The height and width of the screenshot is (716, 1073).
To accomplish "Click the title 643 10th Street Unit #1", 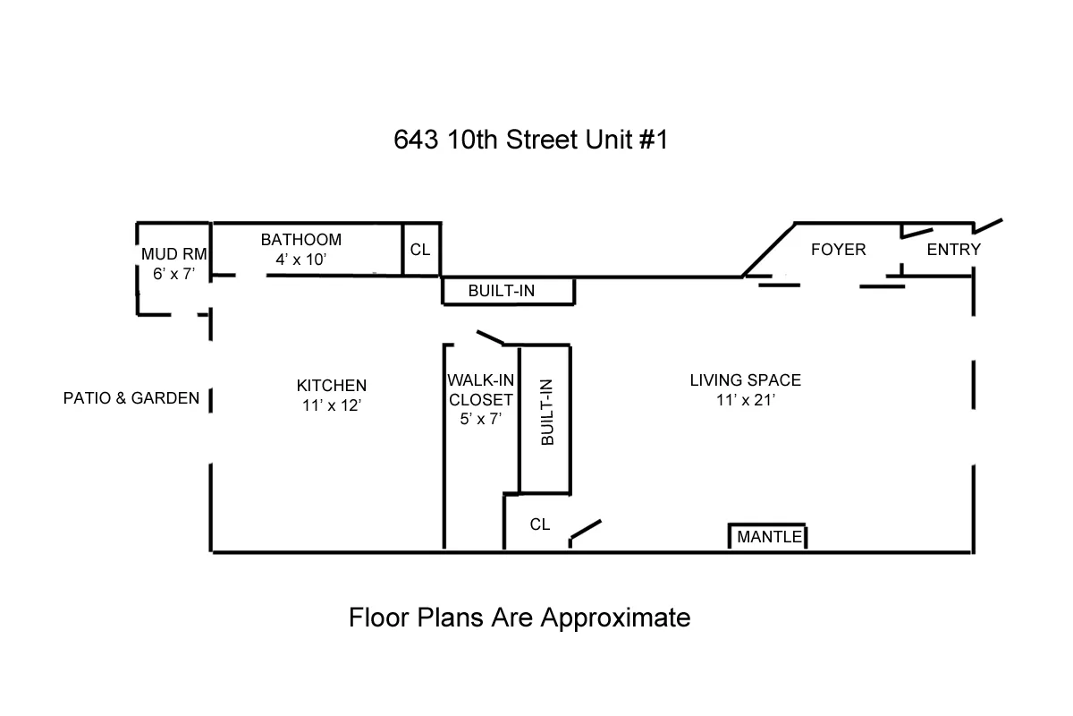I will tap(530, 141).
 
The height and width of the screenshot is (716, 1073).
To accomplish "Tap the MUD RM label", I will tap(174, 254).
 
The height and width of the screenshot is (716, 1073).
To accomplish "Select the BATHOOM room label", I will tap(301, 240).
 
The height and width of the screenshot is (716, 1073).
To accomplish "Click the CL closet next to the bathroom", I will tap(420, 250).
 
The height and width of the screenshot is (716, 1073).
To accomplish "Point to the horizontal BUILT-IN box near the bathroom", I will tap(508, 292).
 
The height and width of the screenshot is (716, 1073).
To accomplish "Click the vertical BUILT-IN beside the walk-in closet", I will tap(545, 418).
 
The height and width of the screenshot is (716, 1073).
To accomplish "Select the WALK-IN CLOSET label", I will tap(481, 390).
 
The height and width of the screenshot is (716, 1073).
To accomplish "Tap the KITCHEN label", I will tap(332, 386).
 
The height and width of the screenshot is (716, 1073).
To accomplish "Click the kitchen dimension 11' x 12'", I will tap(332, 405).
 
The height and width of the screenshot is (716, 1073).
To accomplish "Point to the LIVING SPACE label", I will tap(745, 380).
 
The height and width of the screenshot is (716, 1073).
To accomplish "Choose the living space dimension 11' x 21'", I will tap(745, 400).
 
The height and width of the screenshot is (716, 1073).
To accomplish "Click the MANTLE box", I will tap(769, 537).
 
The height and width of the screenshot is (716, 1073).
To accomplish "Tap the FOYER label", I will tap(838, 250).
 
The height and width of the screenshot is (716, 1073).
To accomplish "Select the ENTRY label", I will tap(953, 250).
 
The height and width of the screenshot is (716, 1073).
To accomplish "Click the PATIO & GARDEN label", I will tap(131, 398).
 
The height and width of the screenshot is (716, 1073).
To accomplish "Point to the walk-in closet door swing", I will tap(489, 337).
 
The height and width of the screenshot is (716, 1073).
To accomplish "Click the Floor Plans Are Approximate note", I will tap(520, 618).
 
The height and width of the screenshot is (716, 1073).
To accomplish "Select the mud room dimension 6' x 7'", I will tap(173, 274).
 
